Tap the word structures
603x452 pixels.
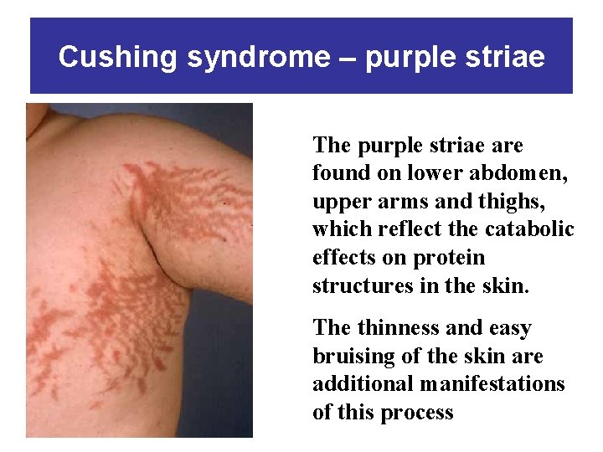click(353, 285)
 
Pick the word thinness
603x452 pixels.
click(393, 328)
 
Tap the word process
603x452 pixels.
click(416, 413)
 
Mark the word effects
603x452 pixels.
click(342, 257)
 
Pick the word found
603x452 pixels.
click(339, 173)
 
